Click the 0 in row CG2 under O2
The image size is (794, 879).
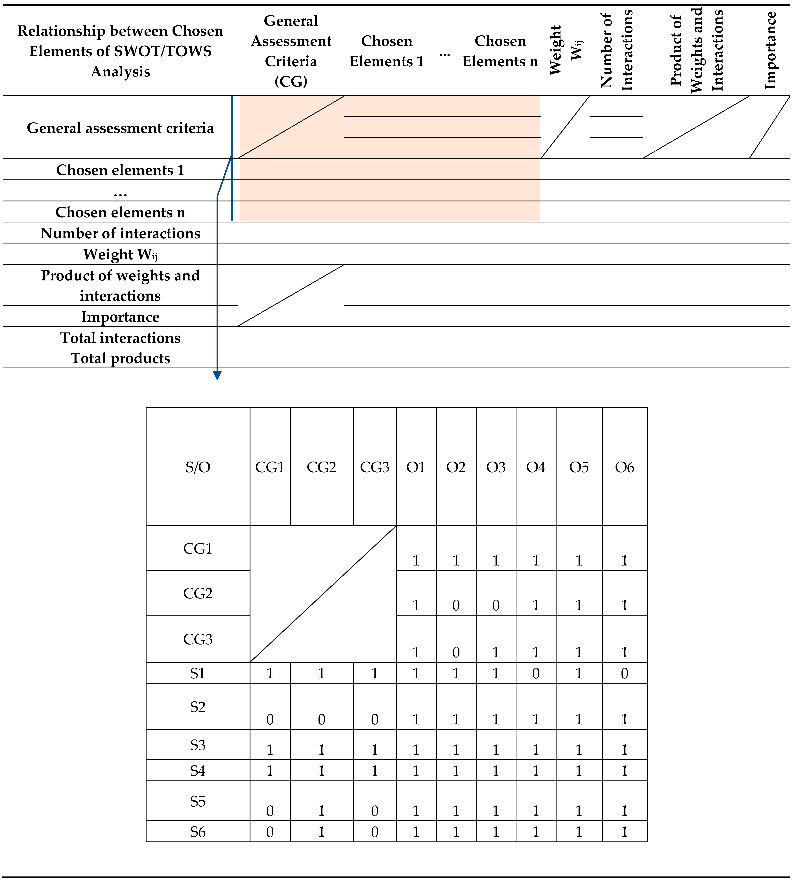point(456,605)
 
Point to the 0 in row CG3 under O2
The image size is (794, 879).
point(456,652)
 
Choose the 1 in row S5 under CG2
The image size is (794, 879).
point(321,811)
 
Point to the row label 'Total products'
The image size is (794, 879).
point(120,358)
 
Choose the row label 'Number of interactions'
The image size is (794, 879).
point(120,233)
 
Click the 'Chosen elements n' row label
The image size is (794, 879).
point(120,212)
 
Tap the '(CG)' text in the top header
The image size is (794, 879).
point(291,81)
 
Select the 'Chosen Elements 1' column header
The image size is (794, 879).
point(387,51)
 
